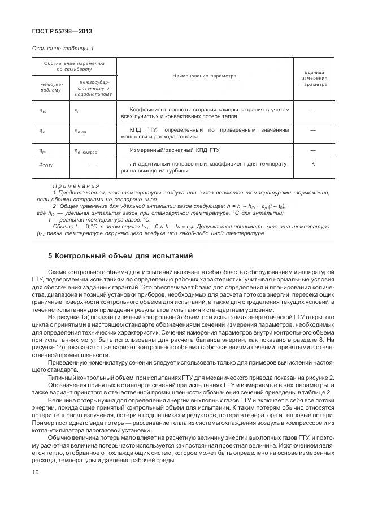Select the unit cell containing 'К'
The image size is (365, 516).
pyautogui.click(x=313, y=163)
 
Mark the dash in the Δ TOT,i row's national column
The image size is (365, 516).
pyautogui.click(x=93, y=163)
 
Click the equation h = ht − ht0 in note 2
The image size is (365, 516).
pyautogui.click(x=258, y=206)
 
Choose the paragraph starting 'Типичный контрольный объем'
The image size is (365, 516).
pyautogui.click(x=192, y=377)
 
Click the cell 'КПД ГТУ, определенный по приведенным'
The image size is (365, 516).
pyautogui.click(x=205, y=133)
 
